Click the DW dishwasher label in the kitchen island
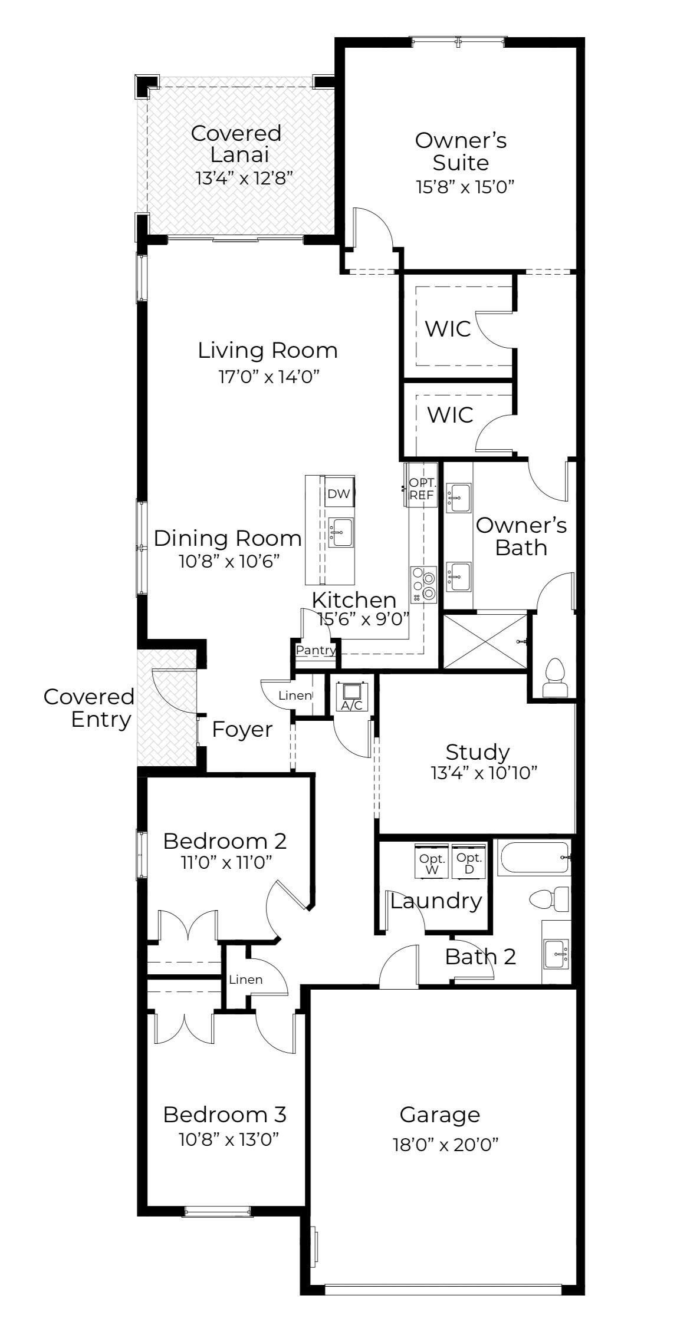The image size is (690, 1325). [339, 493]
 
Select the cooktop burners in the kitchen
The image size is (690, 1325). [424, 584]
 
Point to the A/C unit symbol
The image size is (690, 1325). [352, 696]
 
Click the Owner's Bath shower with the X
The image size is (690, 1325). [485, 641]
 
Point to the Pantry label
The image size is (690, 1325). [316, 650]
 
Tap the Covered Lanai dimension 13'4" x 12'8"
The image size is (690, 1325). [244, 178]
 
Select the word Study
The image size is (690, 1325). [478, 753]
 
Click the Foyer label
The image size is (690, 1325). [242, 730]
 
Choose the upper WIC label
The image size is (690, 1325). [448, 328]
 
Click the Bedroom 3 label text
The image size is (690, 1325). [225, 1115]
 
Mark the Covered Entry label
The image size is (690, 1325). [88, 708]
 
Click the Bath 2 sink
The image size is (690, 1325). [556, 953]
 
